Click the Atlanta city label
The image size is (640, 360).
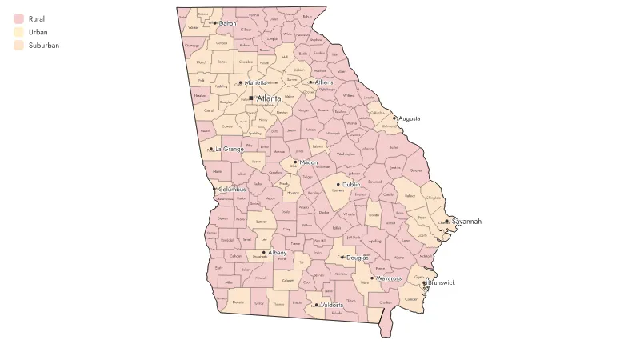[x=269, y=98]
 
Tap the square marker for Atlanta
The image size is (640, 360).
[x=251, y=98]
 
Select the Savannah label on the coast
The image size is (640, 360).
[x=466, y=221]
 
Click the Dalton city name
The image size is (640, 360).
[x=227, y=23]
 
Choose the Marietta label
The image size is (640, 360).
[x=255, y=82]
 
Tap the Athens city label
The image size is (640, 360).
[x=324, y=82]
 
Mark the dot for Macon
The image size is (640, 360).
[x=295, y=162]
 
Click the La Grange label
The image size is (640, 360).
[x=228, y=149]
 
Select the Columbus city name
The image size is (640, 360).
[x=233, y=189]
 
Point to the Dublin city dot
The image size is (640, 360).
[x=338, y=185]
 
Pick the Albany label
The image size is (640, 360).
[x=277, y=252]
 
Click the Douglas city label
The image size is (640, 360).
[x=358, y=258]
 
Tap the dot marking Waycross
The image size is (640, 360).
[x=371, y=278]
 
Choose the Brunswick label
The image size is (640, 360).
[x=442, y=282]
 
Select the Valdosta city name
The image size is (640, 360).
[x=331, y=305]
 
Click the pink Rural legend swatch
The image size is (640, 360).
[x=18, y=18]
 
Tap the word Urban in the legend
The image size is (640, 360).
[x=38, y=32]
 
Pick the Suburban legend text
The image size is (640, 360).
[x=43, y=46]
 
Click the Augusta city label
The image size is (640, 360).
[x=410, y=118]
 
